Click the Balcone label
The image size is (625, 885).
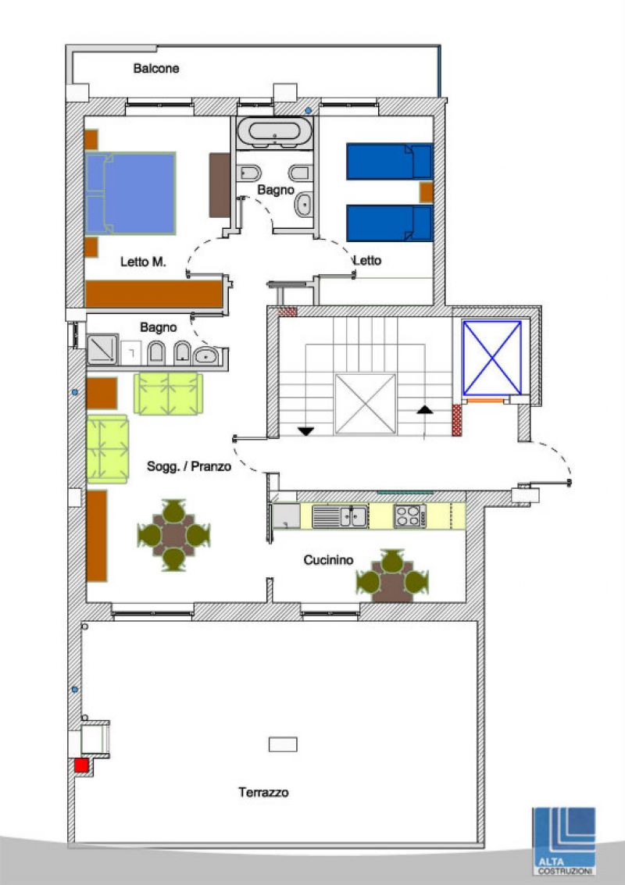pyautogui.click(x=156, y=68)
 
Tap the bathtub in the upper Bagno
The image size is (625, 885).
pyautogui.click(x=274, y=132)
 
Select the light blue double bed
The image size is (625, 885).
pyautogui.click(x=130, y=193)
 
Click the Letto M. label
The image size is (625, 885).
pyautogui.click(x=143, y=262)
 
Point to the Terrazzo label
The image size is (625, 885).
pyautogui.click(x=263, y=792)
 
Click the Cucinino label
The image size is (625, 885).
pyautogui.click(x=329, y=560)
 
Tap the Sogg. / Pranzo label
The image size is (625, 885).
pyautogui.click(x=189, y=466)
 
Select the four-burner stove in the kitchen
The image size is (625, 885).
pyautogui.click(x=410, y=516)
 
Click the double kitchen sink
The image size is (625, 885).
pyautogui.click(x=340, y=516)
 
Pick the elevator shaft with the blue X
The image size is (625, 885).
pyautogui.click(x=491, y=358)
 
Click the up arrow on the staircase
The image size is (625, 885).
pyautogui.click(x=424, y=410)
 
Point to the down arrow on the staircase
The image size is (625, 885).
pyautogui.click(x=306, y=431)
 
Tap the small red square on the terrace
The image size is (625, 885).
pyautogui.click(x=82, y=765)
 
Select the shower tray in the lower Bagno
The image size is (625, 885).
pyautogui.click(x=102, y=349)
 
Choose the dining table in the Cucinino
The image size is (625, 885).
pyautogui.click(x=392, y=576)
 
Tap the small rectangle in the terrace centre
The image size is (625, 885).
pyautogui.click(x=283, y=744)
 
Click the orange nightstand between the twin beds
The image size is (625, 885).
pyautogui.click(x=427, y=192)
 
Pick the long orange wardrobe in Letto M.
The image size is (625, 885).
pyautogui.click(x=154, y=294)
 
